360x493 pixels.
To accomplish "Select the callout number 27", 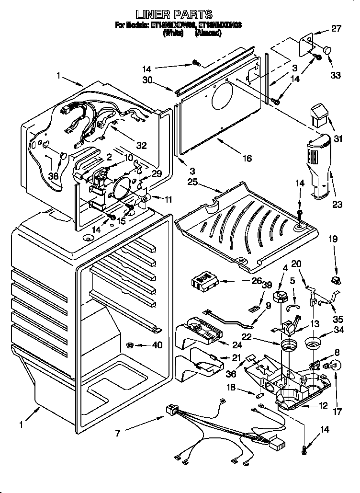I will pos(337,28).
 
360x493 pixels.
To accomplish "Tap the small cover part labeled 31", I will pos(320,116).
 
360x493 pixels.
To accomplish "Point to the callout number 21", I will pos(236,357).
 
